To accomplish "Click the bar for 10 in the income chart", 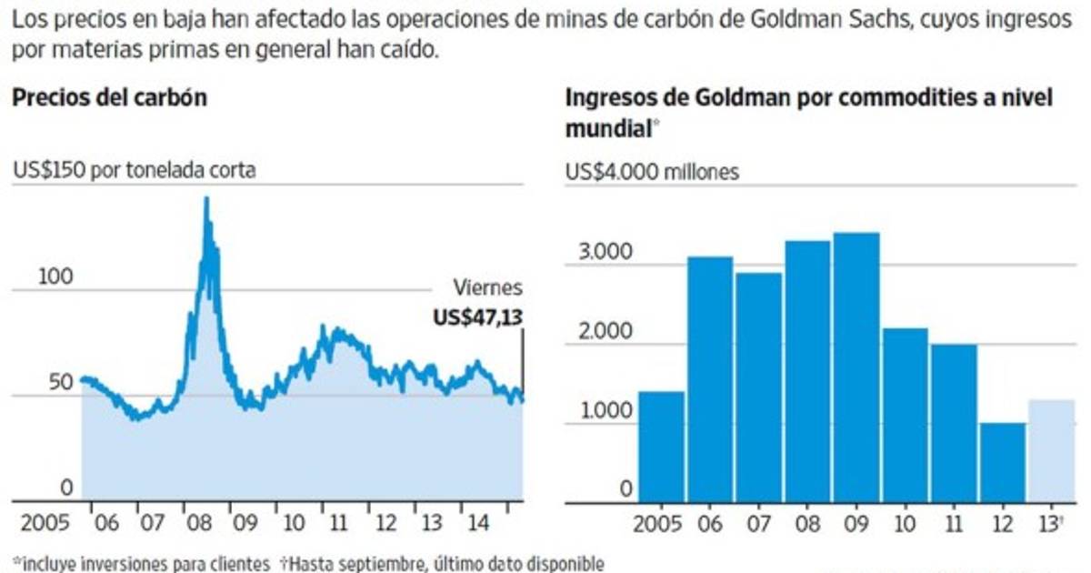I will pyautogui.click(x=905, y=414).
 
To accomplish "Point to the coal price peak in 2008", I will pyautogui.click(x=206, y=200).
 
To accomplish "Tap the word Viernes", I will pyautogui.click(x=488, y=288).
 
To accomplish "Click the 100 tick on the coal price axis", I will pyautogui.click(x=55, y=276).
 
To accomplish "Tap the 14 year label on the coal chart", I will pyautogui.click(x=473, y=525).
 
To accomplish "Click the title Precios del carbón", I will pyautogui.click(x=109, y=97).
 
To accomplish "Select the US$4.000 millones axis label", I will pyautogui.click(x=652, y=171).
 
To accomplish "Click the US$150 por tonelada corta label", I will pyautogui.click(x=134, y=171).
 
